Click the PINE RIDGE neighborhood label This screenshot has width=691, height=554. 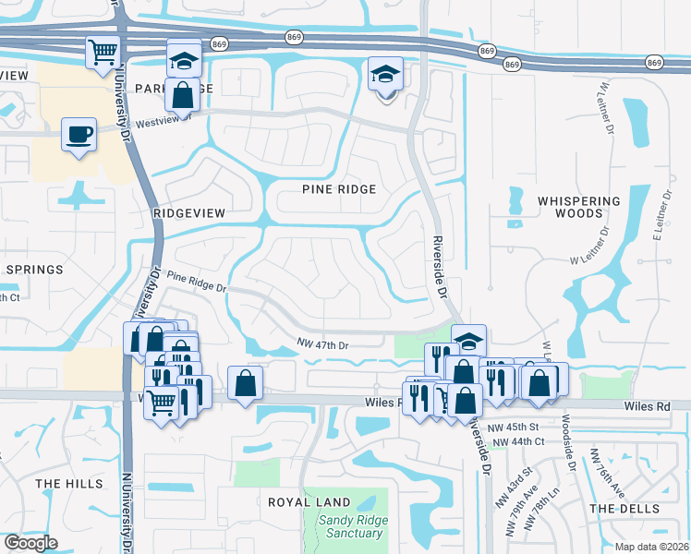tap(339, 189)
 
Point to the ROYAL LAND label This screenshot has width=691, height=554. tap(309, 503)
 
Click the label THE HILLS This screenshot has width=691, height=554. tap(63, 484)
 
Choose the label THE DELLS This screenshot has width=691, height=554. tap(624, 509)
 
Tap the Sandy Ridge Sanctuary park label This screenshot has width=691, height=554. tap(350, 526)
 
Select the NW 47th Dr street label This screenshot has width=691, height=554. tap(322, 343)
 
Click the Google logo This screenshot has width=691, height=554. tap(30, 542)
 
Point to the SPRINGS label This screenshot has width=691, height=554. tap(33, 270)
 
